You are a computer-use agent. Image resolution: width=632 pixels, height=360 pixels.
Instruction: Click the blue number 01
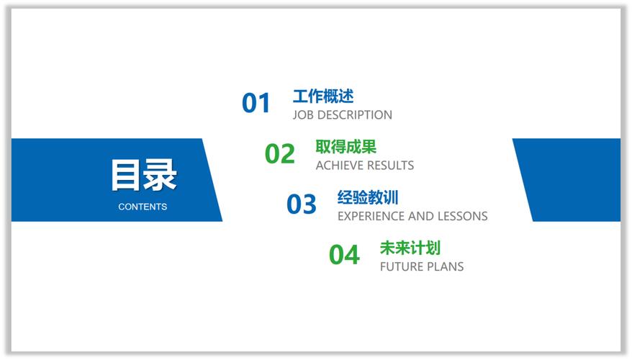click(x=256, y=104)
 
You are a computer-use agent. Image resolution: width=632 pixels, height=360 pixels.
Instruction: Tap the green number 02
click(x=279, y=154)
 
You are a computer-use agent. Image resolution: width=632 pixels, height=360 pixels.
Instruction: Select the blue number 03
click(x=301, y=204)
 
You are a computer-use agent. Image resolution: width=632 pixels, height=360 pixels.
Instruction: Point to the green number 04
click(x=344, y=255)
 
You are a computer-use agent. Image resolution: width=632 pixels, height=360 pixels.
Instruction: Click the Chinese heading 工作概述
click(x=323, y=96)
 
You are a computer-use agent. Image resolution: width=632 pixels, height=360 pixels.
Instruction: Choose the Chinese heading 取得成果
click(x=346, y=147)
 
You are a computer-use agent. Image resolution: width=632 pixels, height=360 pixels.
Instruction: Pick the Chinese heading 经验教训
click(x=368, y=197)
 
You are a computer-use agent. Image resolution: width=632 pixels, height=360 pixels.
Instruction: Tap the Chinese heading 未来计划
click(x=410, y=248)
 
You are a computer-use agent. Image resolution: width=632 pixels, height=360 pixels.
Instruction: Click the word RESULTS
click(x=391, y=166)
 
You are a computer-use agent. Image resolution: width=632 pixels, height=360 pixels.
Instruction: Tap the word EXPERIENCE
click(x=371, y=216)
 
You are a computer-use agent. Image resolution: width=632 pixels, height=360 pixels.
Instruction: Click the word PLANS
click(x=446, y=267)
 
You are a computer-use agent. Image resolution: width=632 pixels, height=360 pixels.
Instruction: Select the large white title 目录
click(x=143, y=175)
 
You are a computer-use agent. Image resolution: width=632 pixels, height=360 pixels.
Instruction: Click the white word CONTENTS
click(x=143, y=207)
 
